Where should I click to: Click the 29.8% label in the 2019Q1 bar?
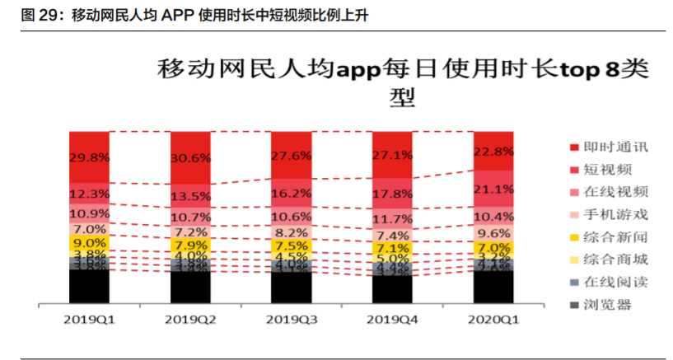point(89,157)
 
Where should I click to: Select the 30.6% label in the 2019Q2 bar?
point(190,158)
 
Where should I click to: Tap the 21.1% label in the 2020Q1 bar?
point(493,189)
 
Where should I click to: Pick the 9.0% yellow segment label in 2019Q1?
point(89,243)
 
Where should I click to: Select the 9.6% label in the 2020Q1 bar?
point(493,232)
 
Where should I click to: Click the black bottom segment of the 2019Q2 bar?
point(190,288)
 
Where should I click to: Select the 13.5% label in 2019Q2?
point(190,197)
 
